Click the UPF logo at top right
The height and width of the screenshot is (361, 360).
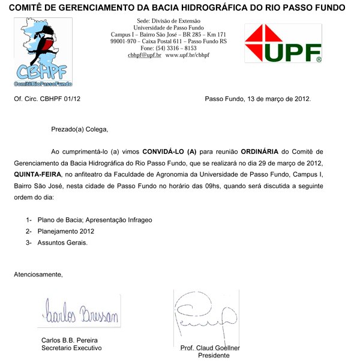click(283, 43)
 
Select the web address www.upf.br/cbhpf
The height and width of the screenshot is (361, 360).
click(187, 55)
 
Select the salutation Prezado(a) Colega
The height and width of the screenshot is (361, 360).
click(80, 129)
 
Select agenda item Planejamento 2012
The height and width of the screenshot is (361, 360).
click(66, 231)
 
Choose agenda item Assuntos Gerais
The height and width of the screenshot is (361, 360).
click(62, 243)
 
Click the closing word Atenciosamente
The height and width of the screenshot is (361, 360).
click(38, 275)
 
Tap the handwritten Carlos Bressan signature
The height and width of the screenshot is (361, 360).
click(81, 313)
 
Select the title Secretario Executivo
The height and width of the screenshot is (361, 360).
click(71, 348)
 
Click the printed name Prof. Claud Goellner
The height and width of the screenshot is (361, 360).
click(210, 348)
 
